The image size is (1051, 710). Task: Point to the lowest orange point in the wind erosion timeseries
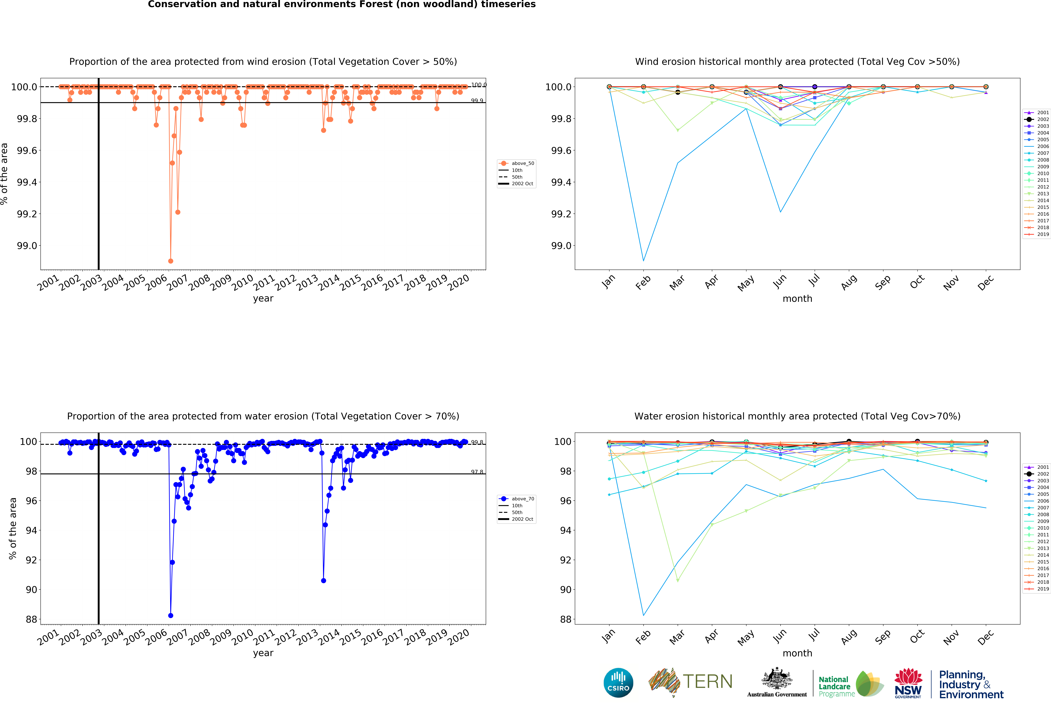170,261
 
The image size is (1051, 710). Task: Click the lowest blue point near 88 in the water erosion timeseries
170,616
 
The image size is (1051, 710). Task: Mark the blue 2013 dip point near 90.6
323,581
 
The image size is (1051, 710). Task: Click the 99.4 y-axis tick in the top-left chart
27,182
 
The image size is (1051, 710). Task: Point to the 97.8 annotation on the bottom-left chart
477,472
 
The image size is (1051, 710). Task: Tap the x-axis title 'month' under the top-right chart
797,298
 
